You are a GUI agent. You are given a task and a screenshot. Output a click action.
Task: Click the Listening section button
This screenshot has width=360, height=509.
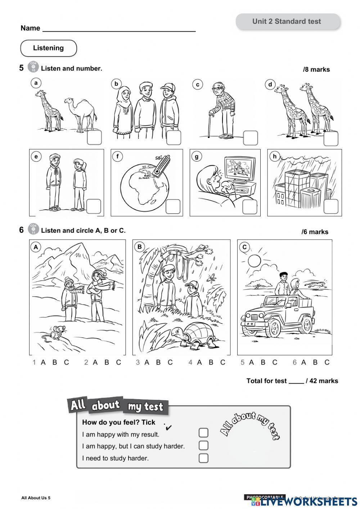(x=48, y=48)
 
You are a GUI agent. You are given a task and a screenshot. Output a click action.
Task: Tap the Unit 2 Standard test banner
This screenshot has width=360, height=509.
(x=287, y=22)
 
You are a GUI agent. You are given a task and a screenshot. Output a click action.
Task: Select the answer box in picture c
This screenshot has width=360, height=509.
(x=250, y=138)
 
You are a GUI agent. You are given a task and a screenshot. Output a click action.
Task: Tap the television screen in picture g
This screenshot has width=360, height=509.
(x=239, y=168)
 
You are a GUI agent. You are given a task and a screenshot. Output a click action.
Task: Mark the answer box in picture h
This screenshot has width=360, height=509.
(x=330, y=206)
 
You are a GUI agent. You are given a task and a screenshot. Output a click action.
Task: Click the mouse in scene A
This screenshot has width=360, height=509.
(x=51, y=333)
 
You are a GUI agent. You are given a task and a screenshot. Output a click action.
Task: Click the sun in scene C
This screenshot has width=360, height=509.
(x=254, y=260)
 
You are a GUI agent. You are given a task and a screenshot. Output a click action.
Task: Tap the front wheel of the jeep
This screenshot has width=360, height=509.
(x=274, y=327)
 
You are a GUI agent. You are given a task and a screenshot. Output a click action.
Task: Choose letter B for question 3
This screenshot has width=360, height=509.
(x=158, y=362)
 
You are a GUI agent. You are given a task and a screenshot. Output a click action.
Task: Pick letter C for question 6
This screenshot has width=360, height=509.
(x=327, y=362)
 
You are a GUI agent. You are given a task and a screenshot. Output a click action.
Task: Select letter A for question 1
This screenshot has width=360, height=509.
(x=43, y=362)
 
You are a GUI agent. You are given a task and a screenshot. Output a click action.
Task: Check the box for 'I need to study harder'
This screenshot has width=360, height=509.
(x=203, y=458)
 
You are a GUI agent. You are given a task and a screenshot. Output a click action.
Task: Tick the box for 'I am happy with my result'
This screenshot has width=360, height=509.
(x=203, y=433)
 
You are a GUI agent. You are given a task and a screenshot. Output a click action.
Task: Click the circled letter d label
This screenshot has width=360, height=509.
(x=270, y=85)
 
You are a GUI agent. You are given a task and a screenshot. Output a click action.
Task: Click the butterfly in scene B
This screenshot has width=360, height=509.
(x=212, y=277)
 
